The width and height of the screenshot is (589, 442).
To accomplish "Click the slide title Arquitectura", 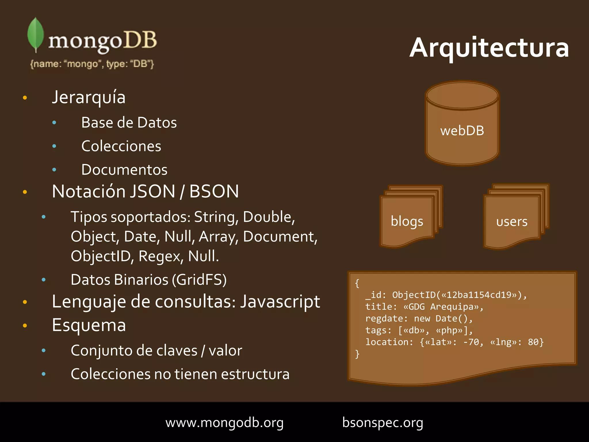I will pyautogui.click(x=489, y=47).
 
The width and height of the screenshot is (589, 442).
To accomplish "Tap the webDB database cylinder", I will pyautogui.click(x=462, y=124).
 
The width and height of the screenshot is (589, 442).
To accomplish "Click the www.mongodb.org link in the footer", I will pyautogui.click(x=224, y=423).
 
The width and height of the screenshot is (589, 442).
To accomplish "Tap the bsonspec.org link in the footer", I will pyautogui.click(x=383, y=423).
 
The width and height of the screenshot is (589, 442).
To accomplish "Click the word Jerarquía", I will pyautogui.click(x=89, y=97).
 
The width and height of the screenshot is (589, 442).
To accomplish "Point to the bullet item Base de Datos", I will pyautogui.click(x=129, y=123).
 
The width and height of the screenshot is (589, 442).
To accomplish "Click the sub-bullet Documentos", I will pyautogui.click(x=124, y=170).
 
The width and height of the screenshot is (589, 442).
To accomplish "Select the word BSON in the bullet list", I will pyautogui.click(x=214, y=191).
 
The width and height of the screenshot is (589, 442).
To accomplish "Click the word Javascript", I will pyautogui.click(x=280, y=302).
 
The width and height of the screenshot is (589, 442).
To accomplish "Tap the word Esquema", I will pyautogui.click(x=89, y=325).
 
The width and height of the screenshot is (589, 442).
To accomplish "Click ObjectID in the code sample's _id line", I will pyautogui.click(x=414, y=295).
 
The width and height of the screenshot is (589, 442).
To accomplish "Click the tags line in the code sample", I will pyautogui.click(x=419, y=330).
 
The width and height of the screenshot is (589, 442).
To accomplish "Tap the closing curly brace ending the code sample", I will pyautogui.click(x=357, y=354).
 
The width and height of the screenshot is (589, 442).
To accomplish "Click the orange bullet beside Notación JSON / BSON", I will pyautogui.click(x=25, y=192).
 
